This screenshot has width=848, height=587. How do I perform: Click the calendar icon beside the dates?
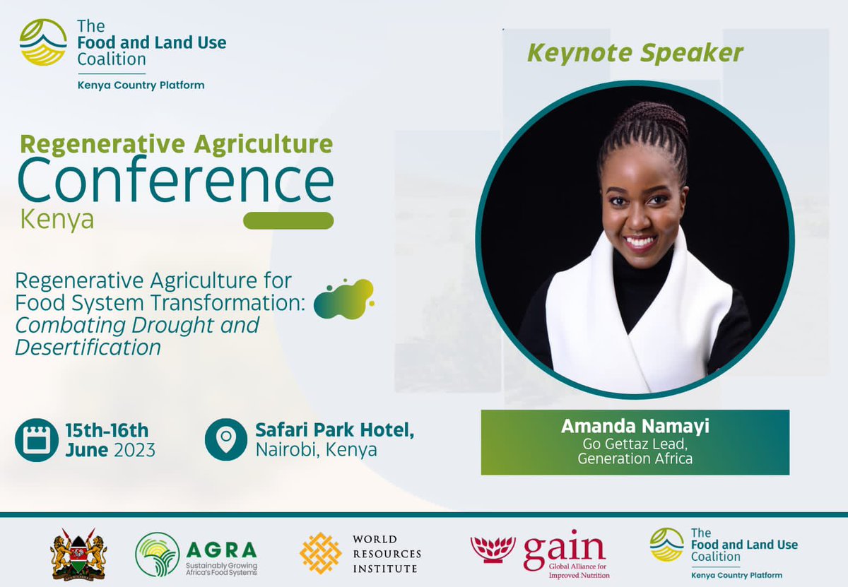pyautogui.click(x=36, y=439)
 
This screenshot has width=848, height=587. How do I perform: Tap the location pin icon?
pyautogui.click(x=226, y=439)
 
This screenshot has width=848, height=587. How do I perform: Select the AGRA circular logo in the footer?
pyautogui.click(x=158, y=555)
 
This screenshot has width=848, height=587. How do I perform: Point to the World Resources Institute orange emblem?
pyautogui.click(x=321, y=553)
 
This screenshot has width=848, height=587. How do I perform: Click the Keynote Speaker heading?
pyautogui.click(x=635, y=54)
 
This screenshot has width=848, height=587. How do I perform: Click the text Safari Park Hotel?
pyautogui.click(x=334, y=430)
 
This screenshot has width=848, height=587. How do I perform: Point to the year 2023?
pyautogui.click(x=134, y=450)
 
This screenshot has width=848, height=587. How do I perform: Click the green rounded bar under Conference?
pyautogui.click(x=288, y=220)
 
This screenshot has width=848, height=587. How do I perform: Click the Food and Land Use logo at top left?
pyautogui.click(x=43, y=42)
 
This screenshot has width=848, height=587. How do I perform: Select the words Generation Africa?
pyautogui.click(x=634, y=458)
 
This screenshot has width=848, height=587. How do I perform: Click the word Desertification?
pyautogui.click(x=88, y=347)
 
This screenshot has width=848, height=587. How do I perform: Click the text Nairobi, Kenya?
pyautogui.click(x=316, y=450)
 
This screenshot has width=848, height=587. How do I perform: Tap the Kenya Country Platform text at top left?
pyautogui.click(x=141, y=85)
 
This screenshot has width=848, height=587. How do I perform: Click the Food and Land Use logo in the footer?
pyautogui.click(x=666, y=545)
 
